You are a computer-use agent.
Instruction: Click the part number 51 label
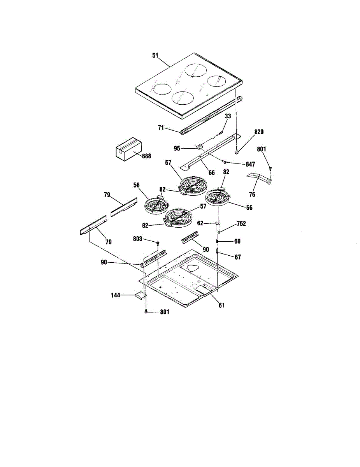pos(155,55)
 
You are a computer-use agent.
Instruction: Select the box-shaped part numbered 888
pos(129,149)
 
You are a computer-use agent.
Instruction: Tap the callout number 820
pos(259,132)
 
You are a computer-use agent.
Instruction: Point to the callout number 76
pos(252,195)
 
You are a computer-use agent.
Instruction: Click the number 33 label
pos(228,116)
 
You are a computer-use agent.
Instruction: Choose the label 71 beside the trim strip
pos(161,128)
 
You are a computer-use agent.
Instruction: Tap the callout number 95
pos(177,149)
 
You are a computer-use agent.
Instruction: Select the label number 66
pos(212,173)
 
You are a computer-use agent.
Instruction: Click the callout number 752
pos(241,223)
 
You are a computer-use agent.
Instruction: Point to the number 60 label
pos(237,241)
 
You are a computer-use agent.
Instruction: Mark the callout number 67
pos(238,257)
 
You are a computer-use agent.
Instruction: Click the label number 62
pos(200,223)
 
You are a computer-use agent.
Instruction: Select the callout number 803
pos(137,239)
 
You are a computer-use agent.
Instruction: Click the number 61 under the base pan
pos(221,305)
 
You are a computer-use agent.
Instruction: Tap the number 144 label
pos(116,295)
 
